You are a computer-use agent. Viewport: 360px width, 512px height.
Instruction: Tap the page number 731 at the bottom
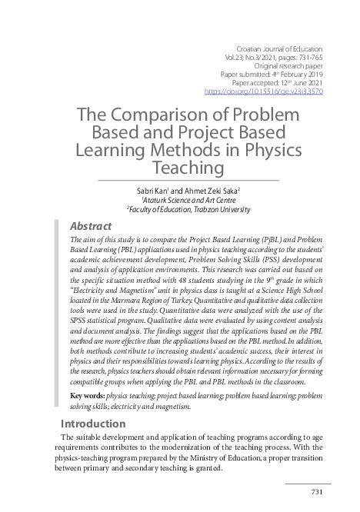[316, 492]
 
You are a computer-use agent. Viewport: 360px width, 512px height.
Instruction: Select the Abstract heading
[91, 226]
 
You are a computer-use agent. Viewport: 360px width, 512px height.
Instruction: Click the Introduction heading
[92, 424]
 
